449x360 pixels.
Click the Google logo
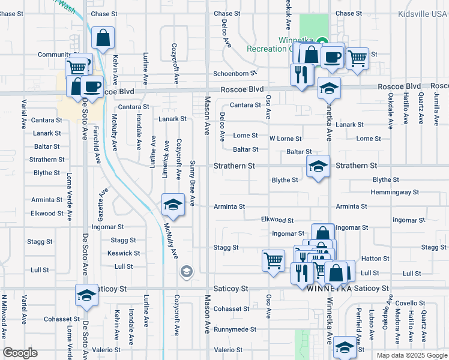[x=20, y=353]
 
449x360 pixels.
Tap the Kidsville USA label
[x=423, y=13]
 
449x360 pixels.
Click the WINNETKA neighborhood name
[x=328, y=289]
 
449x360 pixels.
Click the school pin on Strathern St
[x=318, y=166]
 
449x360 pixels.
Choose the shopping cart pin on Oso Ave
[x=274, y=261]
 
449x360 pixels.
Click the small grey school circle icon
[x=187, y=272]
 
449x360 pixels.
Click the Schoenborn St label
[x=235, y=74]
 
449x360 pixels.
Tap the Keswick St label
[x=124, y=253]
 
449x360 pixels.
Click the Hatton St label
[x=375, y=259]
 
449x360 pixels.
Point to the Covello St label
[x=410, y=304]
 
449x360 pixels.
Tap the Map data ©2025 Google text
[x=412, y=355]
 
